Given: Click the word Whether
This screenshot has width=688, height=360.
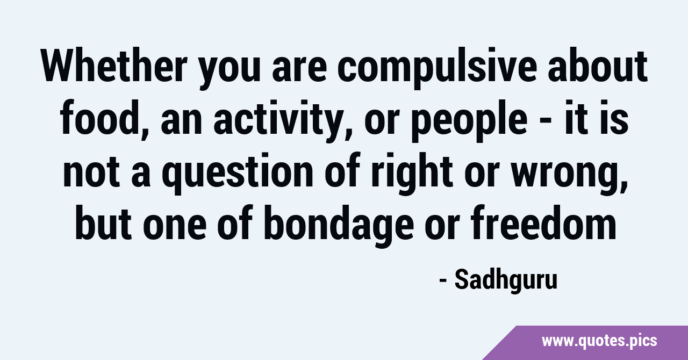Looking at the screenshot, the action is pos(114,65).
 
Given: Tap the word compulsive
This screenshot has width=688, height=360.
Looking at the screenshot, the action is pos(437,68).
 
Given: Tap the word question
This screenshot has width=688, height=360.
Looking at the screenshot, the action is pos(237,174).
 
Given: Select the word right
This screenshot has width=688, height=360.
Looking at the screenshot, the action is pos(412,174).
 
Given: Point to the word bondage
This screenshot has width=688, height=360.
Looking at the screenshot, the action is pos(339,226).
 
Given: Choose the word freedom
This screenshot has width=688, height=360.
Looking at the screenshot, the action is pos(543,222).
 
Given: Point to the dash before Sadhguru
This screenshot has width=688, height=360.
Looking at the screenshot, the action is pos(443,280).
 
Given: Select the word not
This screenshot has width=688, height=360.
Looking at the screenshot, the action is pos(91,171).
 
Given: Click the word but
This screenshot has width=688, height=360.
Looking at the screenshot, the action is pos(104,222).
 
